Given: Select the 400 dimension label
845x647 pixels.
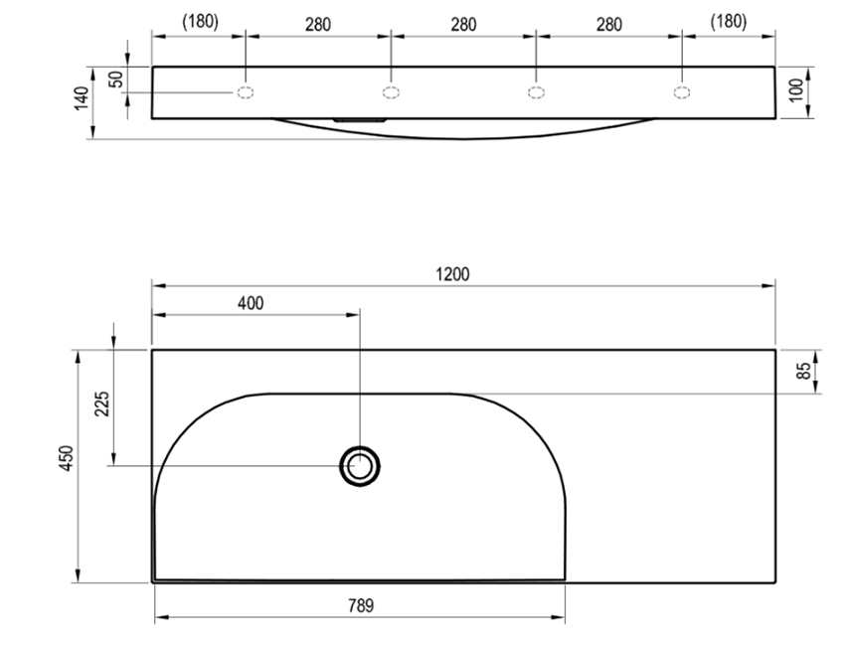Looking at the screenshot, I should (x=252, y=303).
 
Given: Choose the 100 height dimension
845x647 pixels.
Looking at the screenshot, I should (x=794, y=92).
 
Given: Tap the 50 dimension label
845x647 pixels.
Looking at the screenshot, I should (x=117, y=79).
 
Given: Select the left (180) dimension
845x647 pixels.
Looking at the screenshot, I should (x=200, y=22).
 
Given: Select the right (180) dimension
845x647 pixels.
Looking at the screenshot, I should (x=728, y=22).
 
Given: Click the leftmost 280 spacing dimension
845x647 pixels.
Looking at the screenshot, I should (x=318, y=24).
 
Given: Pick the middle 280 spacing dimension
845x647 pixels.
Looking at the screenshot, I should (x=463, y=24).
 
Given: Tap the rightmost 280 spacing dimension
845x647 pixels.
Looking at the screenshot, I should (x=608, y=24).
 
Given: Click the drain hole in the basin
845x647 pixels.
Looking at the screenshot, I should (x=360, y=465).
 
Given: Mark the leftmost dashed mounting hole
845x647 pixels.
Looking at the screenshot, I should (x=246, y=92).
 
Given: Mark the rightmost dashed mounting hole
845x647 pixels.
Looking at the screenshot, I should (x=681, y=92).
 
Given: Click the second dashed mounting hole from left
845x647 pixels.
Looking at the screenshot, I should (x=391, y=92).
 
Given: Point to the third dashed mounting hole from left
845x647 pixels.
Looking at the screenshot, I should (x=536, y=92).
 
